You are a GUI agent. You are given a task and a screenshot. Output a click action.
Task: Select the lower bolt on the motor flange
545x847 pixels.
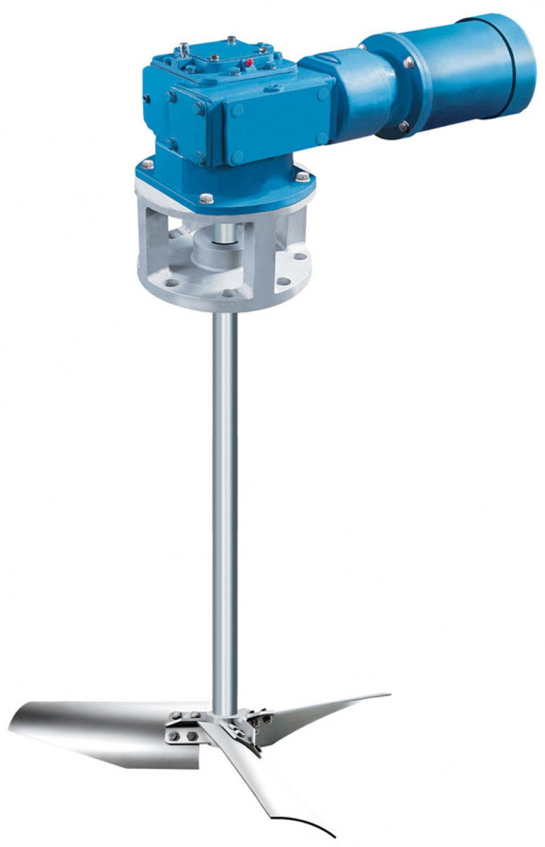pyautogui.click(x=403, y=126)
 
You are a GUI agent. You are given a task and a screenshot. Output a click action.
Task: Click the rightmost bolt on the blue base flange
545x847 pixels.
pyautogui.click(x=301, y=176)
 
